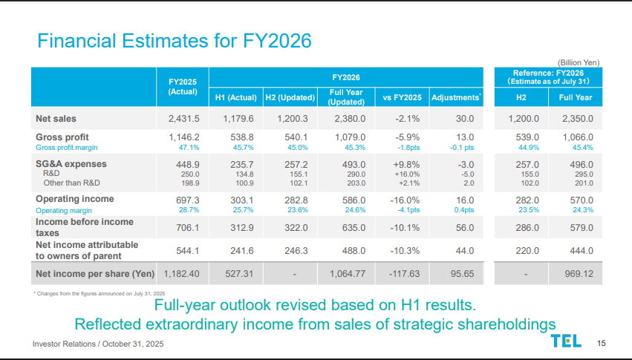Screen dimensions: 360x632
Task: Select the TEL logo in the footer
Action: click(x=567, y=341)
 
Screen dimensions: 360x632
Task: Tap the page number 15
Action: click(x=602, y=342)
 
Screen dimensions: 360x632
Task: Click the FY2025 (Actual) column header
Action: click(x=183, y=86)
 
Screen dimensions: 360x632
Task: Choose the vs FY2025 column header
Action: click(x=402, y=97)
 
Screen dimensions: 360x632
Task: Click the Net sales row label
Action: click(x=56, y=118)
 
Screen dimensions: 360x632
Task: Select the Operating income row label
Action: click(x=75, y=199)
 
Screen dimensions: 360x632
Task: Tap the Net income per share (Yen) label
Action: click(x=95, y=274)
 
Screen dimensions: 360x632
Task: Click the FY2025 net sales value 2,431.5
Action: click(x=178, y=118)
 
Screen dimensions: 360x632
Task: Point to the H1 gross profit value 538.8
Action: click(x=239, y=137)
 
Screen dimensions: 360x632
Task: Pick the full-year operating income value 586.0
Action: click(x=351, y=200)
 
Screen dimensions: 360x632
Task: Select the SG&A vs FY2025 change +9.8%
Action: click(x=407, y=164)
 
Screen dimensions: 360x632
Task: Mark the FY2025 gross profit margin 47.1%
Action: click(x=186, y=148)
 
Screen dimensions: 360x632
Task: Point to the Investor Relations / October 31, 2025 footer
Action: click(x=98, y=344)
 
